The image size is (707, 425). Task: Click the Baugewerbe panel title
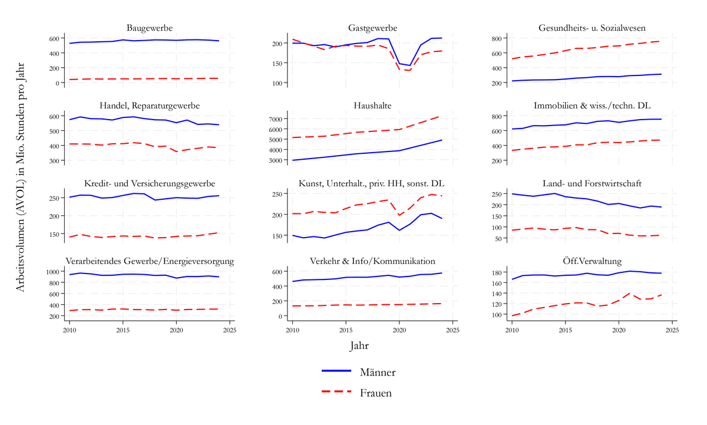[150, 28]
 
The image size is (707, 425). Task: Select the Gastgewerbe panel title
[372, 28]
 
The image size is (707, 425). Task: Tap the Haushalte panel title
[372, 106]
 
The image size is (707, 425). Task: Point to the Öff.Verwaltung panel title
[592, 261]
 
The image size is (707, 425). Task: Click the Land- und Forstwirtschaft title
[592, 183]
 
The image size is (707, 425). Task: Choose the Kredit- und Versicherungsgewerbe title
[150, 183]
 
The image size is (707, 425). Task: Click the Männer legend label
[378, 373]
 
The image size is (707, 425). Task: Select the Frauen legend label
[376, 393]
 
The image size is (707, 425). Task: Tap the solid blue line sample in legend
[336, 371]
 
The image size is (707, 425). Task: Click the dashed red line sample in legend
[336, 391]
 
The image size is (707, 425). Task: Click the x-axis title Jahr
[359, 346]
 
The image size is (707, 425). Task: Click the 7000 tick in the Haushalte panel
[277, 118]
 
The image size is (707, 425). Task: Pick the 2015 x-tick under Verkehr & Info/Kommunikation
[346, 330]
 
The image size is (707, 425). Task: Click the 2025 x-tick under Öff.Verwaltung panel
[672, 330]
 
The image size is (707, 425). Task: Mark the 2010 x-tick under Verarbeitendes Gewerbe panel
[70, 330]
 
